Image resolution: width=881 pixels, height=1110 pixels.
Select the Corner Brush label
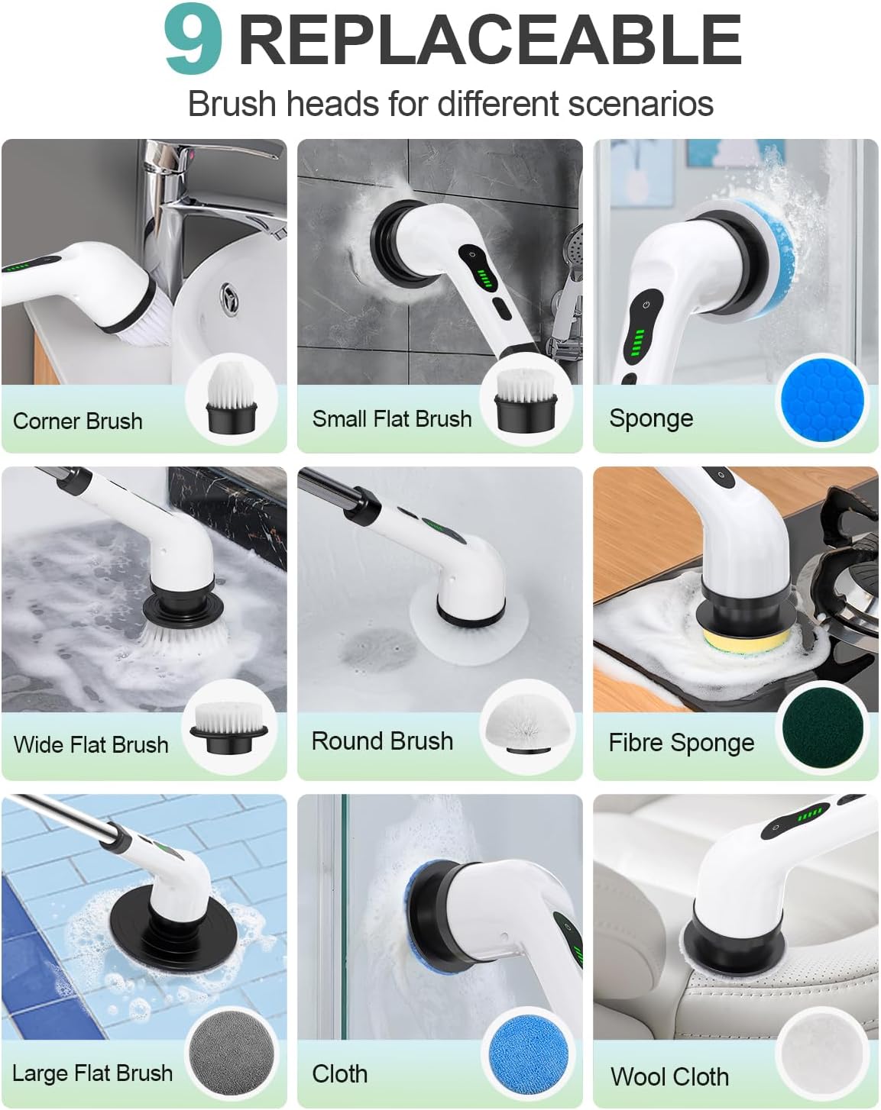pyautogui.click(x=78, y=421)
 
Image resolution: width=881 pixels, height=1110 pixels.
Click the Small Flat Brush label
pyautogui.click(x=392, y=418)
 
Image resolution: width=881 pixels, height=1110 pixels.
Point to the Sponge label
pyautogui.click(x=651, y=418)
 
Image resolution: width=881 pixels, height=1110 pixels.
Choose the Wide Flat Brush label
pyautogui.click(x=91, y=744)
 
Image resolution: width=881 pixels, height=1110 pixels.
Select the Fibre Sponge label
pyautogui.click(x=681, y=743)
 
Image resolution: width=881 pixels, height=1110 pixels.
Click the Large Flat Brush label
pyautogui.click(x=92, y=1073)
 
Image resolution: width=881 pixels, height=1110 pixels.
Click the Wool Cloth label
pyautogui.click(x=669, y=1076)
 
